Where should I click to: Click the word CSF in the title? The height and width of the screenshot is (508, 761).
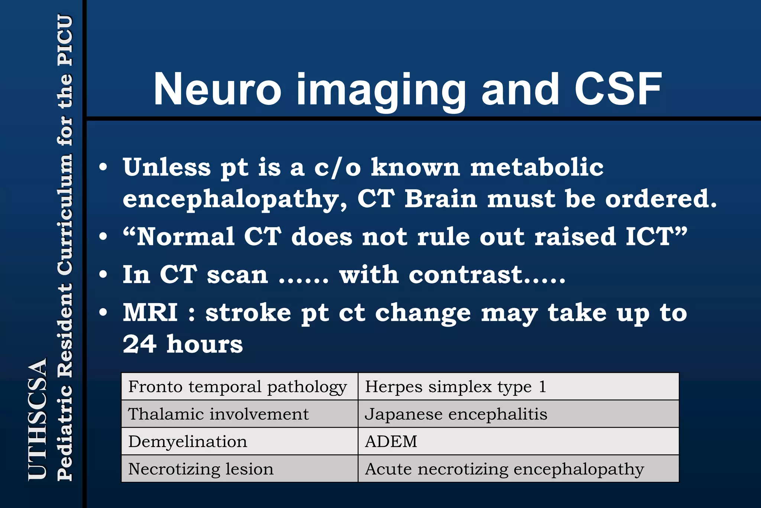618,89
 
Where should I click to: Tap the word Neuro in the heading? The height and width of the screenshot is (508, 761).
217,89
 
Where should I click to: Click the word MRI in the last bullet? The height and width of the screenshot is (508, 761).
150,312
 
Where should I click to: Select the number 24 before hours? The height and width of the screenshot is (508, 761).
139,344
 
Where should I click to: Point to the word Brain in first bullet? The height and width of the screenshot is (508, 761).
441,199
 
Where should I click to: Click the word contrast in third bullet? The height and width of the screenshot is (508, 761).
466,275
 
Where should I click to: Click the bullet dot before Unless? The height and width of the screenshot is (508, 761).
103,167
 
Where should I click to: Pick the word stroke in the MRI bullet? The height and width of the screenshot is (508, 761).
248,312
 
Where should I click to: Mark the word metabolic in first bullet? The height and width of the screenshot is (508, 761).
537,167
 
